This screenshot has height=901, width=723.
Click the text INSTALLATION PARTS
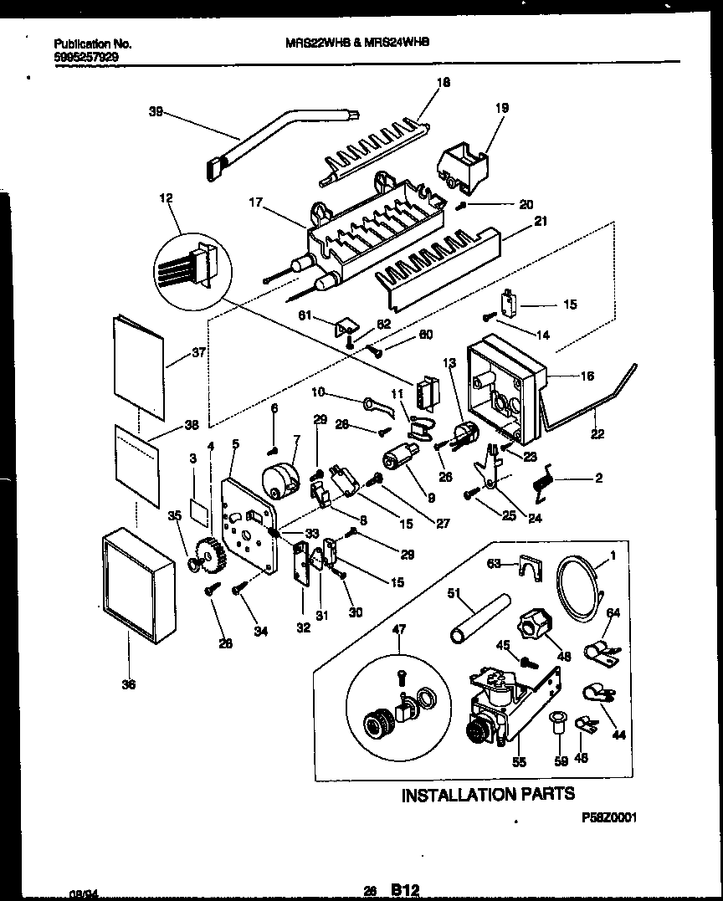point(488,794)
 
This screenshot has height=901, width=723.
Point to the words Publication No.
point(92,44)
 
